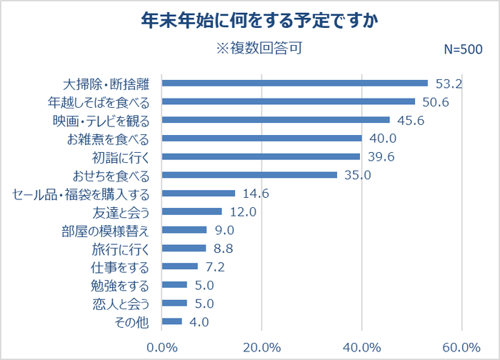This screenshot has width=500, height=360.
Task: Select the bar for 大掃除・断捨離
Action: pos(295,83)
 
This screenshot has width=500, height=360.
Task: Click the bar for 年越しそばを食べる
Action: pos(289,101)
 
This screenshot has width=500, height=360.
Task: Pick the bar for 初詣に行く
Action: pos(261,156)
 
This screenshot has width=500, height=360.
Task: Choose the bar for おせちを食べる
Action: pos(250,175)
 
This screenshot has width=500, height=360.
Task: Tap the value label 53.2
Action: pos(450,84)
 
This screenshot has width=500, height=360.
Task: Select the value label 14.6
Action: pos(256,194)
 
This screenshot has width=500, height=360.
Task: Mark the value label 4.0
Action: pos(199,322)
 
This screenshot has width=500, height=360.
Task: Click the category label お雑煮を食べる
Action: pos(107,139)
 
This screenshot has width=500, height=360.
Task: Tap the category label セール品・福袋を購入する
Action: pos(81,194)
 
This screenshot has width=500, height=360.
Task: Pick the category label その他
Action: pos(131,322)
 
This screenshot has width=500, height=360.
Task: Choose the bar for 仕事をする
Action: pos(181,266)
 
